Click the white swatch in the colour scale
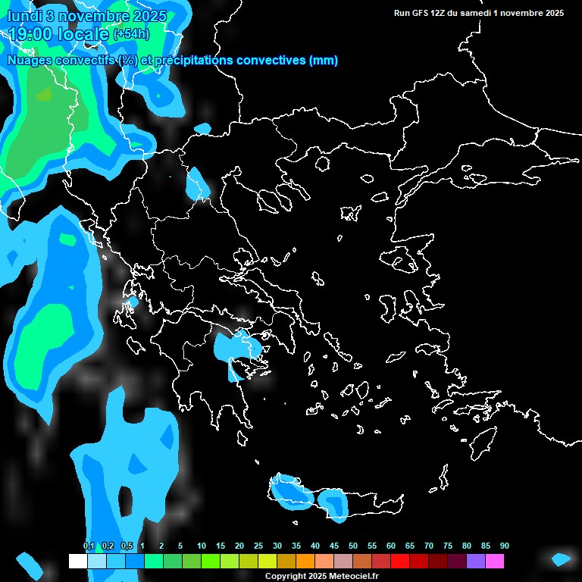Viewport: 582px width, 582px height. (77, 561)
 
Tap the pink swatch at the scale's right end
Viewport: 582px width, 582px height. (495, 561)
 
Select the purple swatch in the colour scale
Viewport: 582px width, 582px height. (476, 561)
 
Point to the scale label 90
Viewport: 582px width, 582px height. (504, 546)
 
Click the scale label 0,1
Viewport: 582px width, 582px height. (89, 546)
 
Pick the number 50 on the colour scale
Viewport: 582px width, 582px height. (353, 546)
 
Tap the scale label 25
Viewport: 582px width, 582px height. (258, 546)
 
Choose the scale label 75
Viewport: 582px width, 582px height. (448, 546)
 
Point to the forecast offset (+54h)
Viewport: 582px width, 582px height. (131, 33)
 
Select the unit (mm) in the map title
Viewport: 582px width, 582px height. (324, 61)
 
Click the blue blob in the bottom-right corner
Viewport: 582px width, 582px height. (561, 559)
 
